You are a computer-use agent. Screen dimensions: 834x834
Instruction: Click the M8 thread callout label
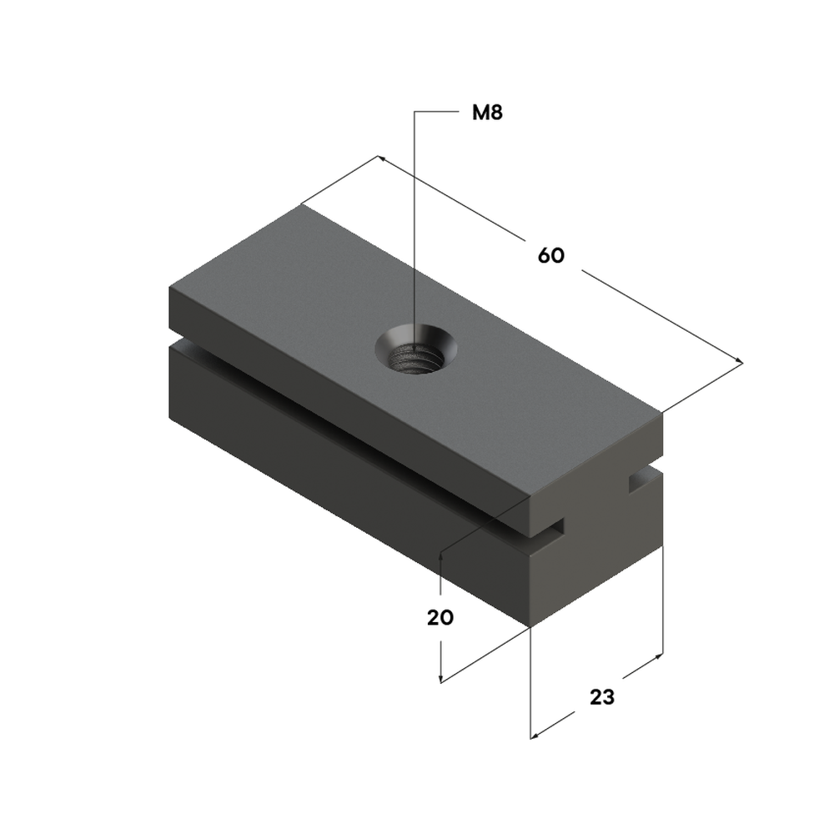487,113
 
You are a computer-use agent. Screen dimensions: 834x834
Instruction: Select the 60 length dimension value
550,256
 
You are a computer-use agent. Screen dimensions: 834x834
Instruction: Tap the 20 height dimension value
440,617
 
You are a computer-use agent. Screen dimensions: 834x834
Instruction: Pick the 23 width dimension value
602,696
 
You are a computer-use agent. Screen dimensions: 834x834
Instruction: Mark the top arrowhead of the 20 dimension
440,556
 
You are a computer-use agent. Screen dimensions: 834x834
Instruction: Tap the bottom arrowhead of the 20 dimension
440,678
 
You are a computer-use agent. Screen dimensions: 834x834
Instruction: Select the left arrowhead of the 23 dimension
535,736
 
